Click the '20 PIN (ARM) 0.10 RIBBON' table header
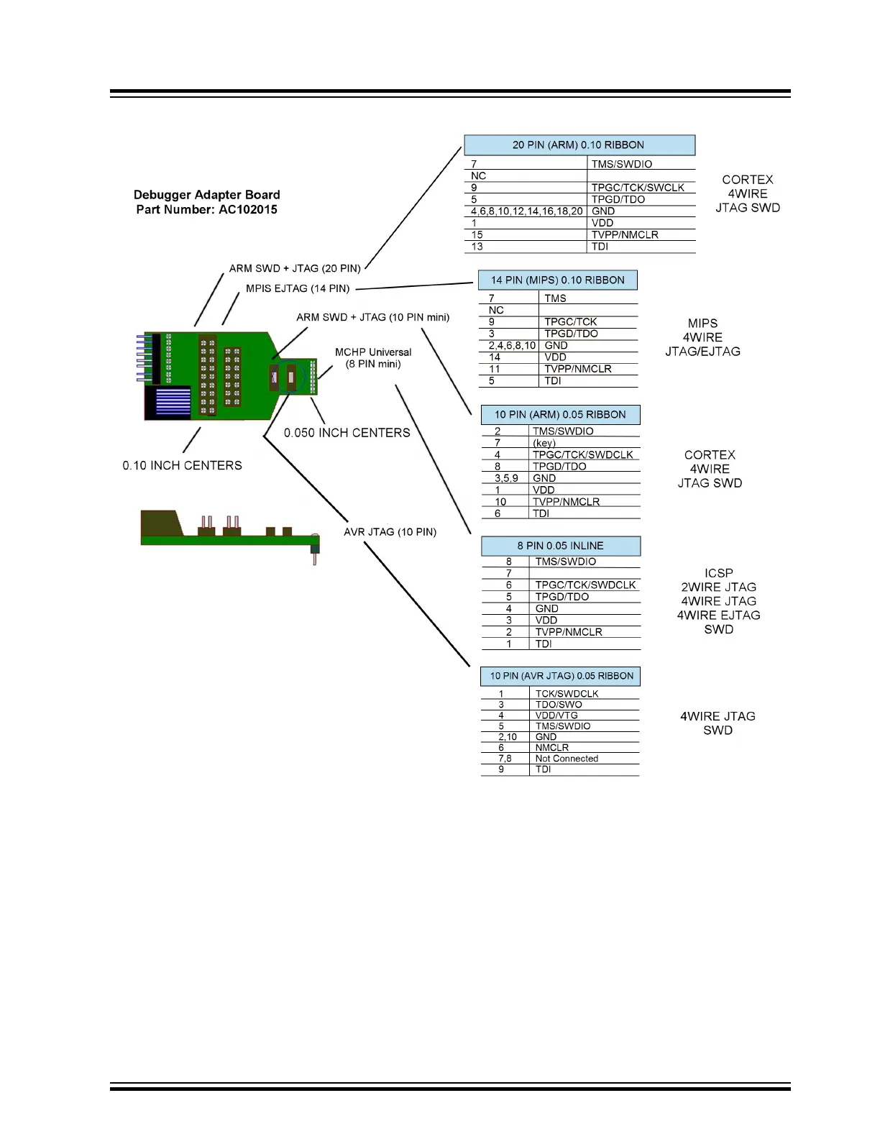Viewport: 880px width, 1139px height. pyautogui.click(x=579, y=145)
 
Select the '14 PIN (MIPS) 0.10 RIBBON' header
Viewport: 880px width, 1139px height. pyautogui.click(x=558, y=280)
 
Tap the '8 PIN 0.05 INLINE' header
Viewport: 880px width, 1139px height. pyautogui.click(x=561, y=546)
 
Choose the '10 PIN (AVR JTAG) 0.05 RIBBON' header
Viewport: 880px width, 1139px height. pyautogui.click(x=560, y=676)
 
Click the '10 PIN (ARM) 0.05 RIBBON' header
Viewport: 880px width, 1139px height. pyautogui.click(x=560, y=415)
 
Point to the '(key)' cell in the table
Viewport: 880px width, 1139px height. pyautogui.click(x=544, y=443)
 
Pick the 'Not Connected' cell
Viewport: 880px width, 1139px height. pyautogui.click(x=567, y=759)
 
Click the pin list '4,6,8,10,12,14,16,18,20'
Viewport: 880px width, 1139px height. pyautogui.click(x=527, y=211)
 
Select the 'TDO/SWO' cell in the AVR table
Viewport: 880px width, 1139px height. pyautogui.click(x=559, y=705)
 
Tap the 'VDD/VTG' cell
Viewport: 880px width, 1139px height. pyautogui.click(x=556, y=715)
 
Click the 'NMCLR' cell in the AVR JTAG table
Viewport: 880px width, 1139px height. pyautogui.click(x=552, y=747)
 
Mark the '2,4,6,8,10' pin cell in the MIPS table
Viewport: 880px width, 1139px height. pyautogui.click(x=512, y=345)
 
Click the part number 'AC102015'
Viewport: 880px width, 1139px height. pyautogui.click(x=248, y=210)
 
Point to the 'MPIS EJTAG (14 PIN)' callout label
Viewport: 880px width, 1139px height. pyautogui.click(x=298, y=288)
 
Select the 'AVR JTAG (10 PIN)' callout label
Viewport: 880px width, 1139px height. pyautogui.click(x=390, y=532)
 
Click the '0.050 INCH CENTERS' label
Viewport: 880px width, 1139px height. pyautogui.click(x=347, y=433)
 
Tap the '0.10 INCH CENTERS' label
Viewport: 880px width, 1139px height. pyautogui.click(x=183, y=465)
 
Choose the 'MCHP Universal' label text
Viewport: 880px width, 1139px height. pyautogui.click(x=373, y=352)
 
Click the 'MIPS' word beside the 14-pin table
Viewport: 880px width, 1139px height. pyautogui.click(x=703, y=324)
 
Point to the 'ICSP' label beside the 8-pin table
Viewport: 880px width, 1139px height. pyautogui.click(x=718, y=573)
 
